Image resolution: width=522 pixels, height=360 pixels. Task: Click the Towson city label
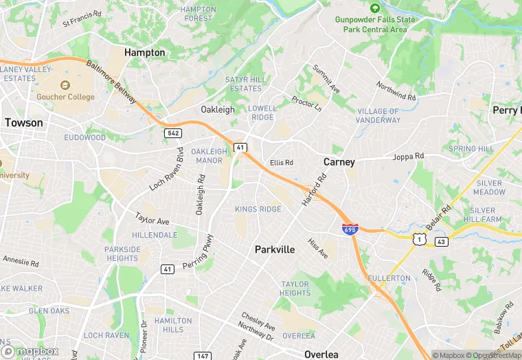pyautogui.click(x=23, y=122)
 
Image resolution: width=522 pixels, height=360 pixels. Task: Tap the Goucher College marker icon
pyautogui.click(x=65, y=85)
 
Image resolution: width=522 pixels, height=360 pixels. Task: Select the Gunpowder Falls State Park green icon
pyautogui.click(x=374, y=8)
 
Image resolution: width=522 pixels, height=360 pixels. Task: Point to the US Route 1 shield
pyautogui.click(x=418, y=238)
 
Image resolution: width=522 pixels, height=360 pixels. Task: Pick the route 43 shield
pyautogui.click(x=442, y=242)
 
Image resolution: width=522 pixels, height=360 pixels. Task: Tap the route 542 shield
pyautogui.click(x=172, y=132)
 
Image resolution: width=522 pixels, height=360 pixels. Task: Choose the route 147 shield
pyautogui.click(x=203, y=355)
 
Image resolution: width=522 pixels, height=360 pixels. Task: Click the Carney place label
pyautogui.click(x=339, y=162)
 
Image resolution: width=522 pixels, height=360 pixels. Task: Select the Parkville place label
pyautogui.click(x=275, y=249)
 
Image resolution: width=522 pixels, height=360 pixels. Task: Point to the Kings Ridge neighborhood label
pyautogui.click(x=258, y=209)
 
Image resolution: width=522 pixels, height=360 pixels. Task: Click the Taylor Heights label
pyautogui.click(x=295, y=289)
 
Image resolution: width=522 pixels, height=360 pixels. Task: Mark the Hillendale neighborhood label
pyautogui.click(x=155, y=234)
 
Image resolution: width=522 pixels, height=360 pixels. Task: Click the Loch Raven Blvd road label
pyautogui.click(x=167, y=169)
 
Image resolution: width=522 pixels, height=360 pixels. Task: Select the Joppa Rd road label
pyautogui.click(x=408, y=157)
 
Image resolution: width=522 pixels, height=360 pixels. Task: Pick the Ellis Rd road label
pyautogui.click(x=282, y=163)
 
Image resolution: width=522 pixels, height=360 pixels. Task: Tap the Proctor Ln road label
pyautogui.click(x=306, y=104)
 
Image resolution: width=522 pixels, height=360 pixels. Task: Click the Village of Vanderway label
pyautogui.click(x=378, y=115)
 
